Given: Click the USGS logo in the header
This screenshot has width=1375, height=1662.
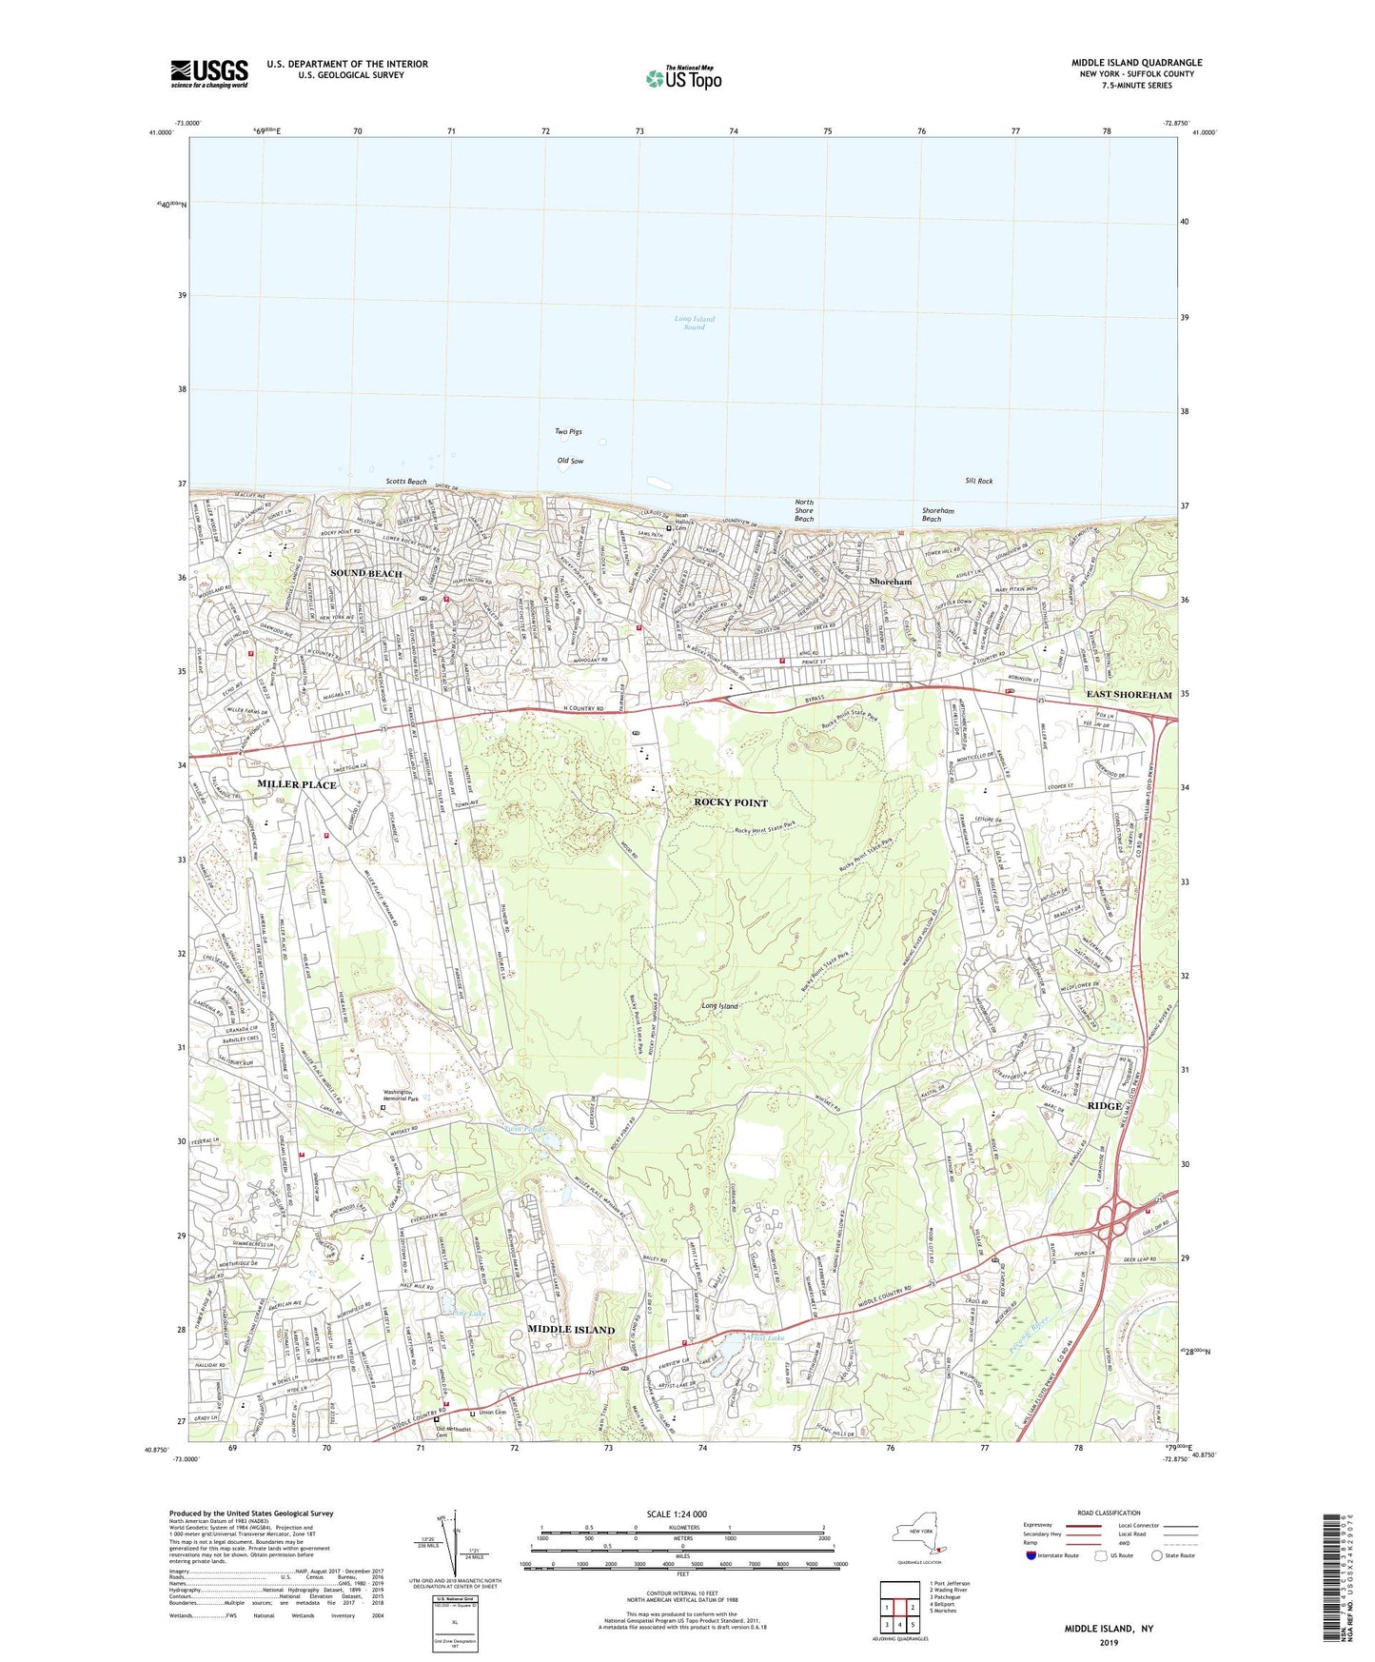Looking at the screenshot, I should [209, 72].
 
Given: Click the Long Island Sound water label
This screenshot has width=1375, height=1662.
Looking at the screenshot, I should [695, 323].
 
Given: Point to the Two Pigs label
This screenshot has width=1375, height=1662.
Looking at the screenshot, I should [568, 431].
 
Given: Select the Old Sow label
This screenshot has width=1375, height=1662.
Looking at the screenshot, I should [570, 461].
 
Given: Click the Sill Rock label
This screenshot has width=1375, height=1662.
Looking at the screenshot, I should [978, 481].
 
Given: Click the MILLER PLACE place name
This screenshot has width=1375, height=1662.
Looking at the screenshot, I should [297, 784].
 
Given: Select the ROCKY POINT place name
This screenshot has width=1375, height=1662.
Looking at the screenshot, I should [730, 802].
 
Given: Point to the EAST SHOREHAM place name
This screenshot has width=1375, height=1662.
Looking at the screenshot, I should [1129, 695].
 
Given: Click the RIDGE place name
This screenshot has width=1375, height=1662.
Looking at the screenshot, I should [1104, 1107].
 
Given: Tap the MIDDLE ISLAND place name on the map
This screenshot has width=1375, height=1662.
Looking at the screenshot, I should [571, 1329].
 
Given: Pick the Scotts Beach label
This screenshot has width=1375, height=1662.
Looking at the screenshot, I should [406, 482].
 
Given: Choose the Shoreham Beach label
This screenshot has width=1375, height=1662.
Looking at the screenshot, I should [937, 514].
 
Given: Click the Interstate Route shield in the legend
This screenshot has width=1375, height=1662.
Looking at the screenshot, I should [1031, 1555].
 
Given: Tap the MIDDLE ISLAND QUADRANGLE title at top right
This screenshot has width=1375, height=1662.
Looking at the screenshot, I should [1136, 63].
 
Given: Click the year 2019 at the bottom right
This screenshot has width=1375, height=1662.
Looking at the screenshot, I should [1108, 1643].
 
